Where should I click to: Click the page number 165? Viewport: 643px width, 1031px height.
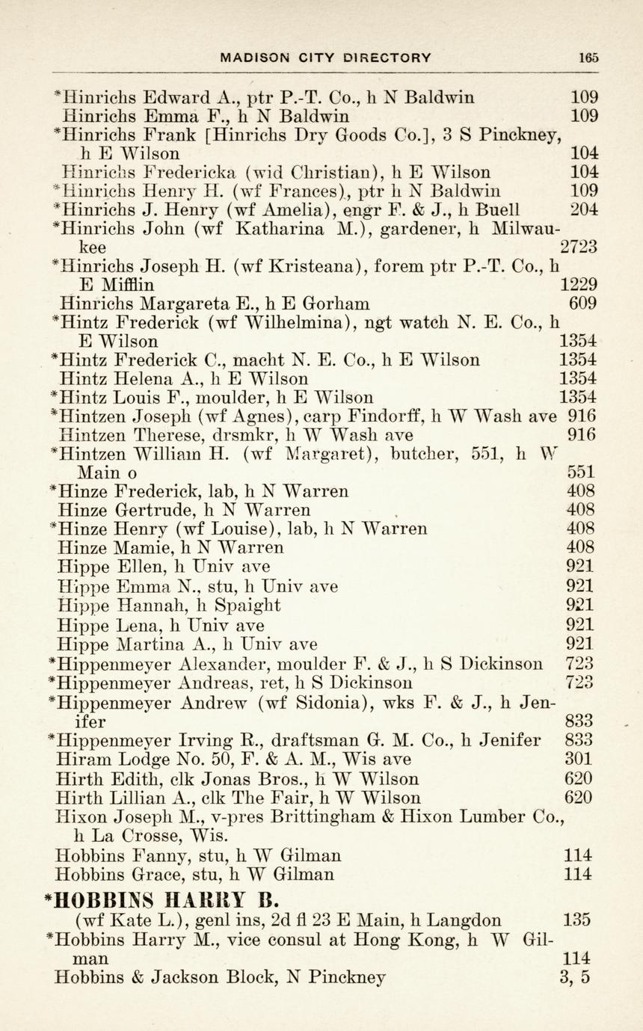[588, 58]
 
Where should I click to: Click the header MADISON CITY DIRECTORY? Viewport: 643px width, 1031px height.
[325, 58]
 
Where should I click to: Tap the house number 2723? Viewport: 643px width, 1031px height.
[578, 247]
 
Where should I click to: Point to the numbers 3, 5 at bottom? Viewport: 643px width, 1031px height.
[574, 976]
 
